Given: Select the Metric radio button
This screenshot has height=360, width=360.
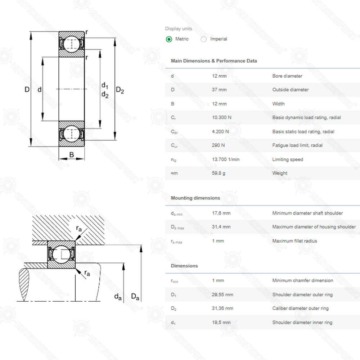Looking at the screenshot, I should [x=169, y=39].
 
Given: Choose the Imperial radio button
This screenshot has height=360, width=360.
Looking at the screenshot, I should [x=204, y=39].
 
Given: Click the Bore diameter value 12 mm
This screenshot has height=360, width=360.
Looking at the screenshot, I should [x=219, y=76].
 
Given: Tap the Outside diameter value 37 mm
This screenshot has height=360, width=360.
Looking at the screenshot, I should [x=219, y=90].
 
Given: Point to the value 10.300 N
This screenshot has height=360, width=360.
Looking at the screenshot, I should [x=221, y=118].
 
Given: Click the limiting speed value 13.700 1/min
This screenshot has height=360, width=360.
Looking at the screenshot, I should [x=225, y=159].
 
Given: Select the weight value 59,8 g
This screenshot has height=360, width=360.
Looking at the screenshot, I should [x=219, y=173].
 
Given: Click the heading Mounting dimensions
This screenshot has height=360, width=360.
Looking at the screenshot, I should [x=195, y=198].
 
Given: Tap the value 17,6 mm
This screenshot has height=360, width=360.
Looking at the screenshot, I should [x=221, y=213].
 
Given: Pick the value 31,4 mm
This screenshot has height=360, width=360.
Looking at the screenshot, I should [x=221, y=227].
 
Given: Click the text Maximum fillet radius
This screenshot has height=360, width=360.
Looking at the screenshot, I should [x=294, y=241].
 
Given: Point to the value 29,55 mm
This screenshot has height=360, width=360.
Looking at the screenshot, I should [x=222, y=294].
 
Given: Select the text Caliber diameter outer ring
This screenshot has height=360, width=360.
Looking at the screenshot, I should [x=300, y=308].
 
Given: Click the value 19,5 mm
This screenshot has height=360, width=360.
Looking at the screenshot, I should [x=221, y=323].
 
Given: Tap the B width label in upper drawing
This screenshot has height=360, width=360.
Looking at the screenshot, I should [x=72, y=155].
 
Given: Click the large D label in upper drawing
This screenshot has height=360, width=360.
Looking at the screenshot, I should [x=27, y=89].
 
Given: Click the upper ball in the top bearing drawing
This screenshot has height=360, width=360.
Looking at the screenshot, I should [x=72, y=44].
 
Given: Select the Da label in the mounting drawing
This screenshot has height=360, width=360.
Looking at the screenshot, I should [x=135, y=297].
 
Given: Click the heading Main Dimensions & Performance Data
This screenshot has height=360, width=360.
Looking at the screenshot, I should [x=214, y=61].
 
